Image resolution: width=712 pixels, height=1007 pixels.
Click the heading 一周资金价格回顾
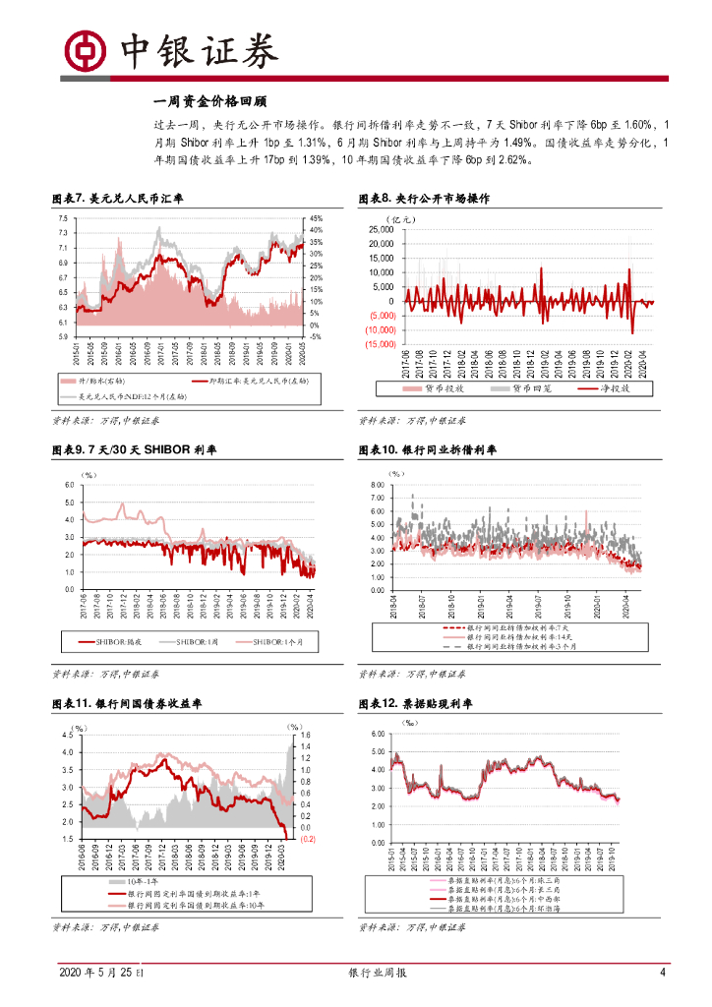[x=210, y=100]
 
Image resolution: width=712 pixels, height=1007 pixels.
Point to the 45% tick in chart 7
[x=317, y=218]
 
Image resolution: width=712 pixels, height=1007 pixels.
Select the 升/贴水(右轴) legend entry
[x=99, y=380]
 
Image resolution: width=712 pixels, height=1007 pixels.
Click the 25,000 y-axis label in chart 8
[x=381, y=230]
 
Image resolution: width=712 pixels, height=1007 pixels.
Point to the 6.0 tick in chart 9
[x=68, y=486]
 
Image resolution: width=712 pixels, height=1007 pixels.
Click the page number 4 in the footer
[x=662, y=973]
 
